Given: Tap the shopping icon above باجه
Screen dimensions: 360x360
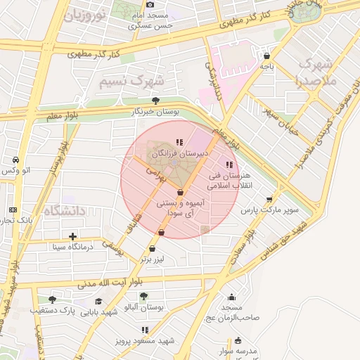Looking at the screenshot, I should click(x=266, y=56).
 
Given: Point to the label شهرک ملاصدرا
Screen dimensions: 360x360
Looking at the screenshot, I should click(x=318, y=72).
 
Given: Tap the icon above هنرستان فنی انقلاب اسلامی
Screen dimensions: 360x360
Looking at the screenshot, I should click(x=230, y=164).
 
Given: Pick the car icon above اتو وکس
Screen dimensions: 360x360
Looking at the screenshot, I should click(x=15, y=160).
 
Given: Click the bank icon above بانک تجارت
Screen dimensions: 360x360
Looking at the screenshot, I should click(x=13, y=210).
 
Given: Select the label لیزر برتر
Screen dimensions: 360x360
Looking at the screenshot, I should click(x=152, y=259).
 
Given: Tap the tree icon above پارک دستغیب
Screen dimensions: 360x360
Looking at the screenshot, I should click(x=52, y=300).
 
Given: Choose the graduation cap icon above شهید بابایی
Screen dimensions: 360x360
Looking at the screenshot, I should click(x=98, y=302).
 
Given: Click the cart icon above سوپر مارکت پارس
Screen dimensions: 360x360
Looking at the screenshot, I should click(x=269, y=199).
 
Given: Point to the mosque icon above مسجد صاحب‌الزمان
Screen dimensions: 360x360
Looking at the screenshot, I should click(x=231, y=297).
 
